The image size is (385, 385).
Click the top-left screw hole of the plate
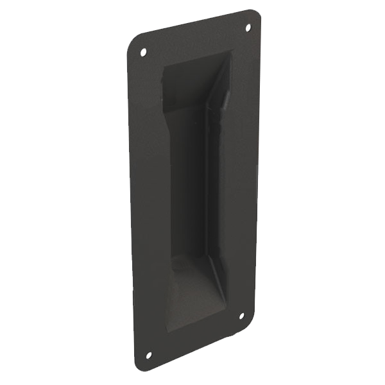143,52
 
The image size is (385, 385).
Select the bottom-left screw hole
148,354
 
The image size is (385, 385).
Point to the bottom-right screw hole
242,315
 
